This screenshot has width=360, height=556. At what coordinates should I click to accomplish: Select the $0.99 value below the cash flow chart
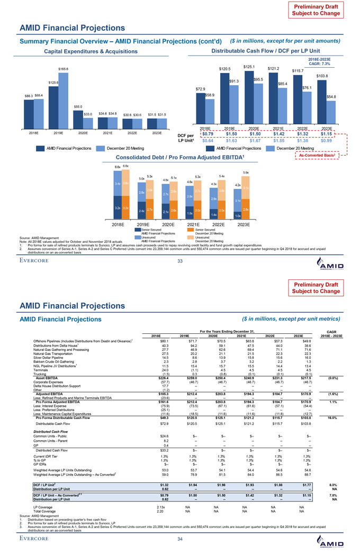point(326,142)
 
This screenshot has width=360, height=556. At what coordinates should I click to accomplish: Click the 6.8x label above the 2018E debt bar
point(125,166)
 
